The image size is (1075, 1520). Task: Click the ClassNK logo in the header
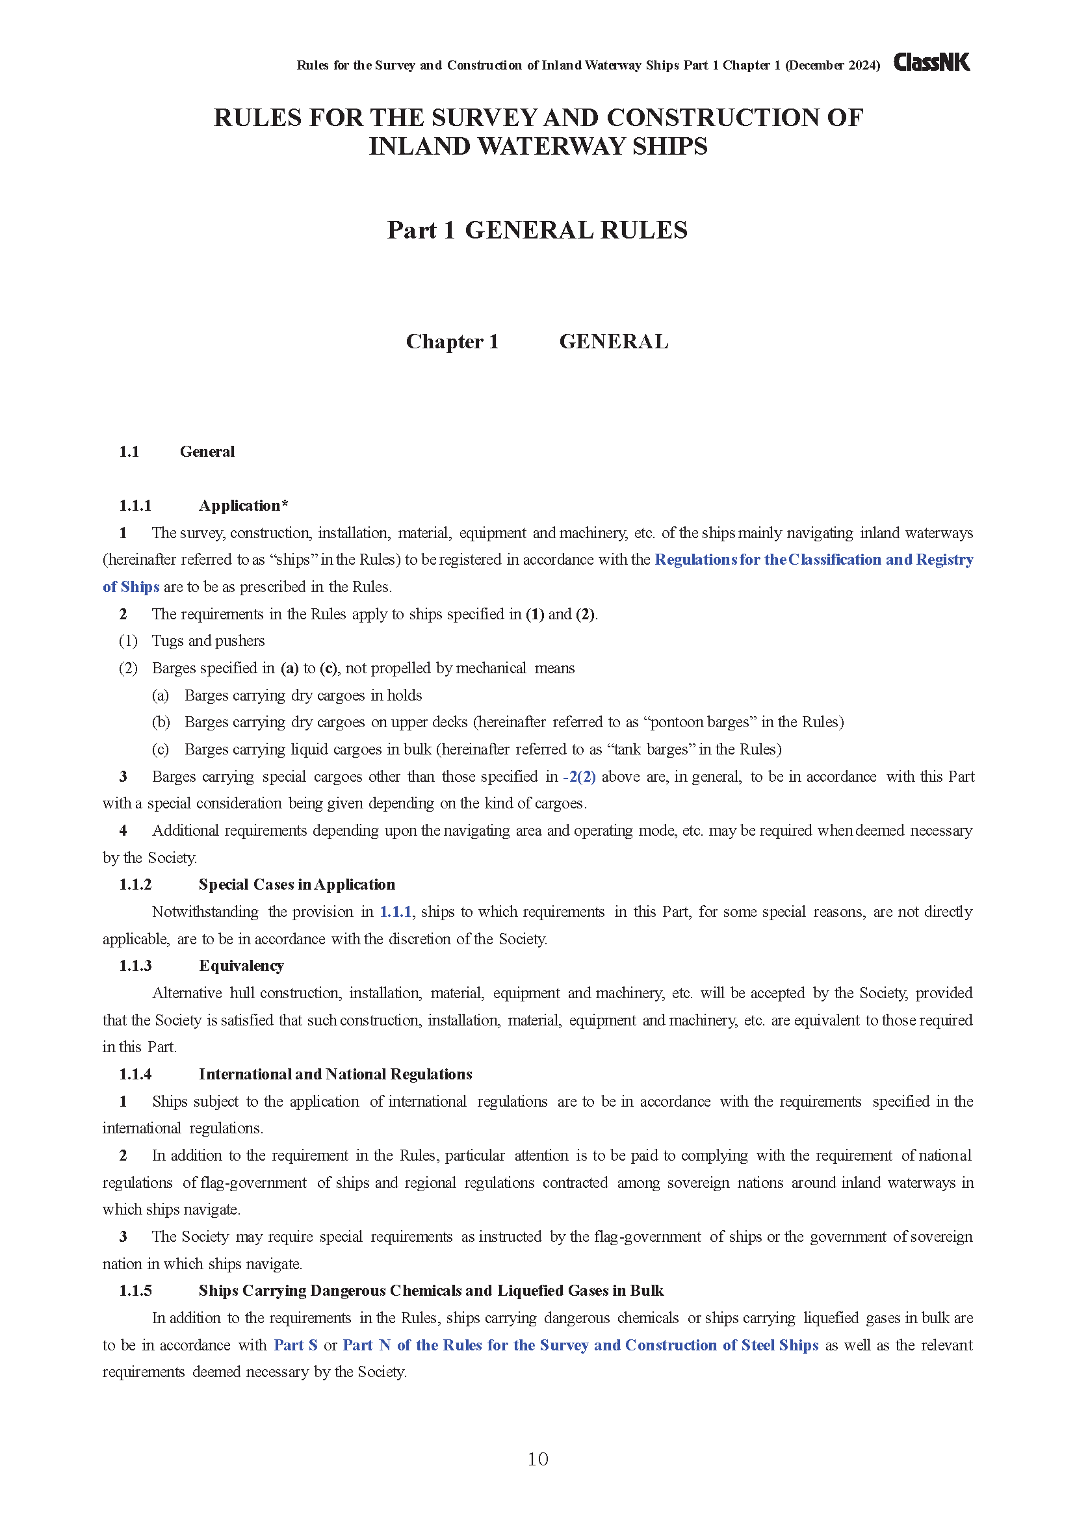(x=931, y=62)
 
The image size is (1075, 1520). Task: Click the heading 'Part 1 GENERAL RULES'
(x=537, y=231)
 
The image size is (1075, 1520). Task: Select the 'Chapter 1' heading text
(x=452, y=342)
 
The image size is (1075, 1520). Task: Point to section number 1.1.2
(x=135, y=884)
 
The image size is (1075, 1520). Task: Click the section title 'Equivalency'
(x=241, y=966)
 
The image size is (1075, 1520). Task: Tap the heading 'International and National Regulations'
(x=335, y=1074)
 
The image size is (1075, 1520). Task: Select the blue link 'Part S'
(x=295, y=1345)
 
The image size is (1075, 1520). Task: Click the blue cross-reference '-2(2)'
(x=579, y=777)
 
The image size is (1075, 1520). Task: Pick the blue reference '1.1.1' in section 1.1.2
(x=395, y=912)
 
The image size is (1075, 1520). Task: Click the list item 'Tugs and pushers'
(x=208, y=641)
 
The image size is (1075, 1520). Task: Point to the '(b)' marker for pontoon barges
(x=161, y=722)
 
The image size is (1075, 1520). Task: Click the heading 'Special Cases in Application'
(x=296, y=884)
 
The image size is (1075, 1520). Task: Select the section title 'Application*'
(x=243, y=506)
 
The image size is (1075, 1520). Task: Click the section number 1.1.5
(x=135, y=1291)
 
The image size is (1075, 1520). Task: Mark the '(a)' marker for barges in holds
(x=160, y=695)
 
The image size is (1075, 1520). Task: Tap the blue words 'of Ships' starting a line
(x=131, y=587)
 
